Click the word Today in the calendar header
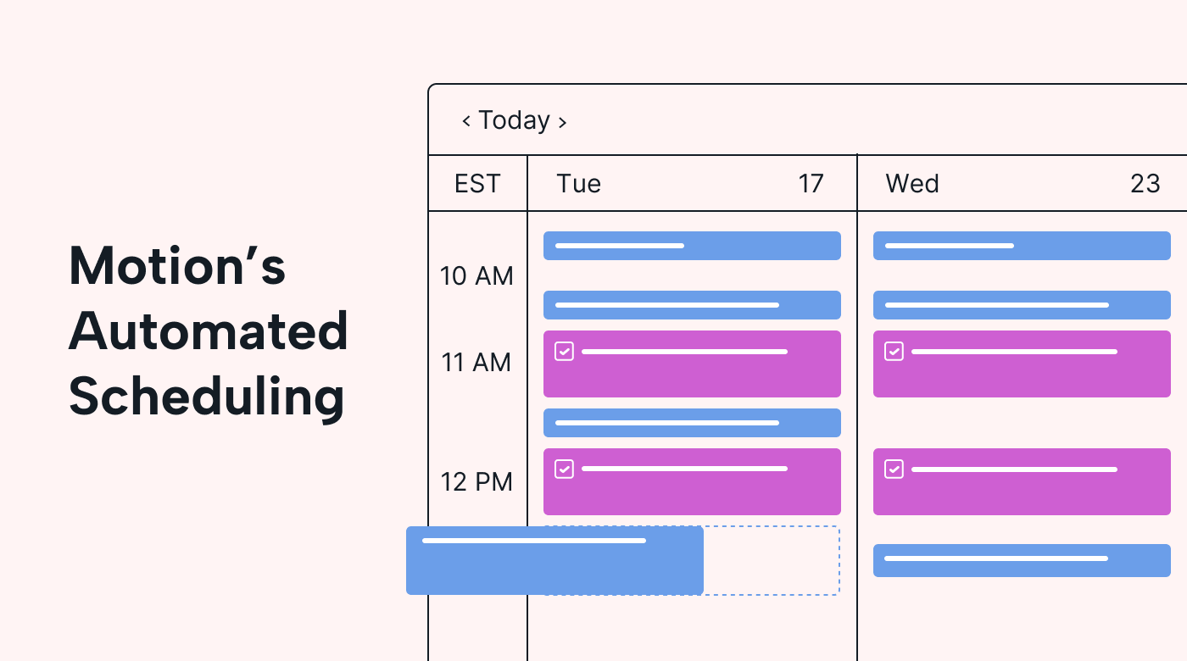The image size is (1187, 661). pos(514,120)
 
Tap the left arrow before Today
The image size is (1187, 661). pos(465,121)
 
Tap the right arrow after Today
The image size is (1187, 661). pos(563,123)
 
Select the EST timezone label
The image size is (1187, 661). pos(476,184)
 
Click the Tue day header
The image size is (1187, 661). pos(578,184)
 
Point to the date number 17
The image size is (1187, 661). pos(811,184)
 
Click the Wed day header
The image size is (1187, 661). pos(912,184)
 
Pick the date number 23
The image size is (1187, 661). pos(1145,184)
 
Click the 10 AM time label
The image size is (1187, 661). pos(476,276)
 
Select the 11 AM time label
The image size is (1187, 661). pos(476,363)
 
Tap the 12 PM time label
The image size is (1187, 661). pos(476,482)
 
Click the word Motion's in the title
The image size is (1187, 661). pos(177,266)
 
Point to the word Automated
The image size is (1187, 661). pos(209,331)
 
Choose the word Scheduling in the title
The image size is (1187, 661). pos(207,397)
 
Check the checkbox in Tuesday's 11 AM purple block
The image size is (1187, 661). pos(564,351)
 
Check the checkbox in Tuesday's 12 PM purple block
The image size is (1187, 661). pos(564,469)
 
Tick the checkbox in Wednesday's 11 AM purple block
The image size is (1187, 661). pos(894,351)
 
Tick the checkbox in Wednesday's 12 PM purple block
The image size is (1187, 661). pos(894,469)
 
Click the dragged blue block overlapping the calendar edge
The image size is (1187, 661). pos(554,560)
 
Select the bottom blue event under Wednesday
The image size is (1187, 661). pos(1022,560)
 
